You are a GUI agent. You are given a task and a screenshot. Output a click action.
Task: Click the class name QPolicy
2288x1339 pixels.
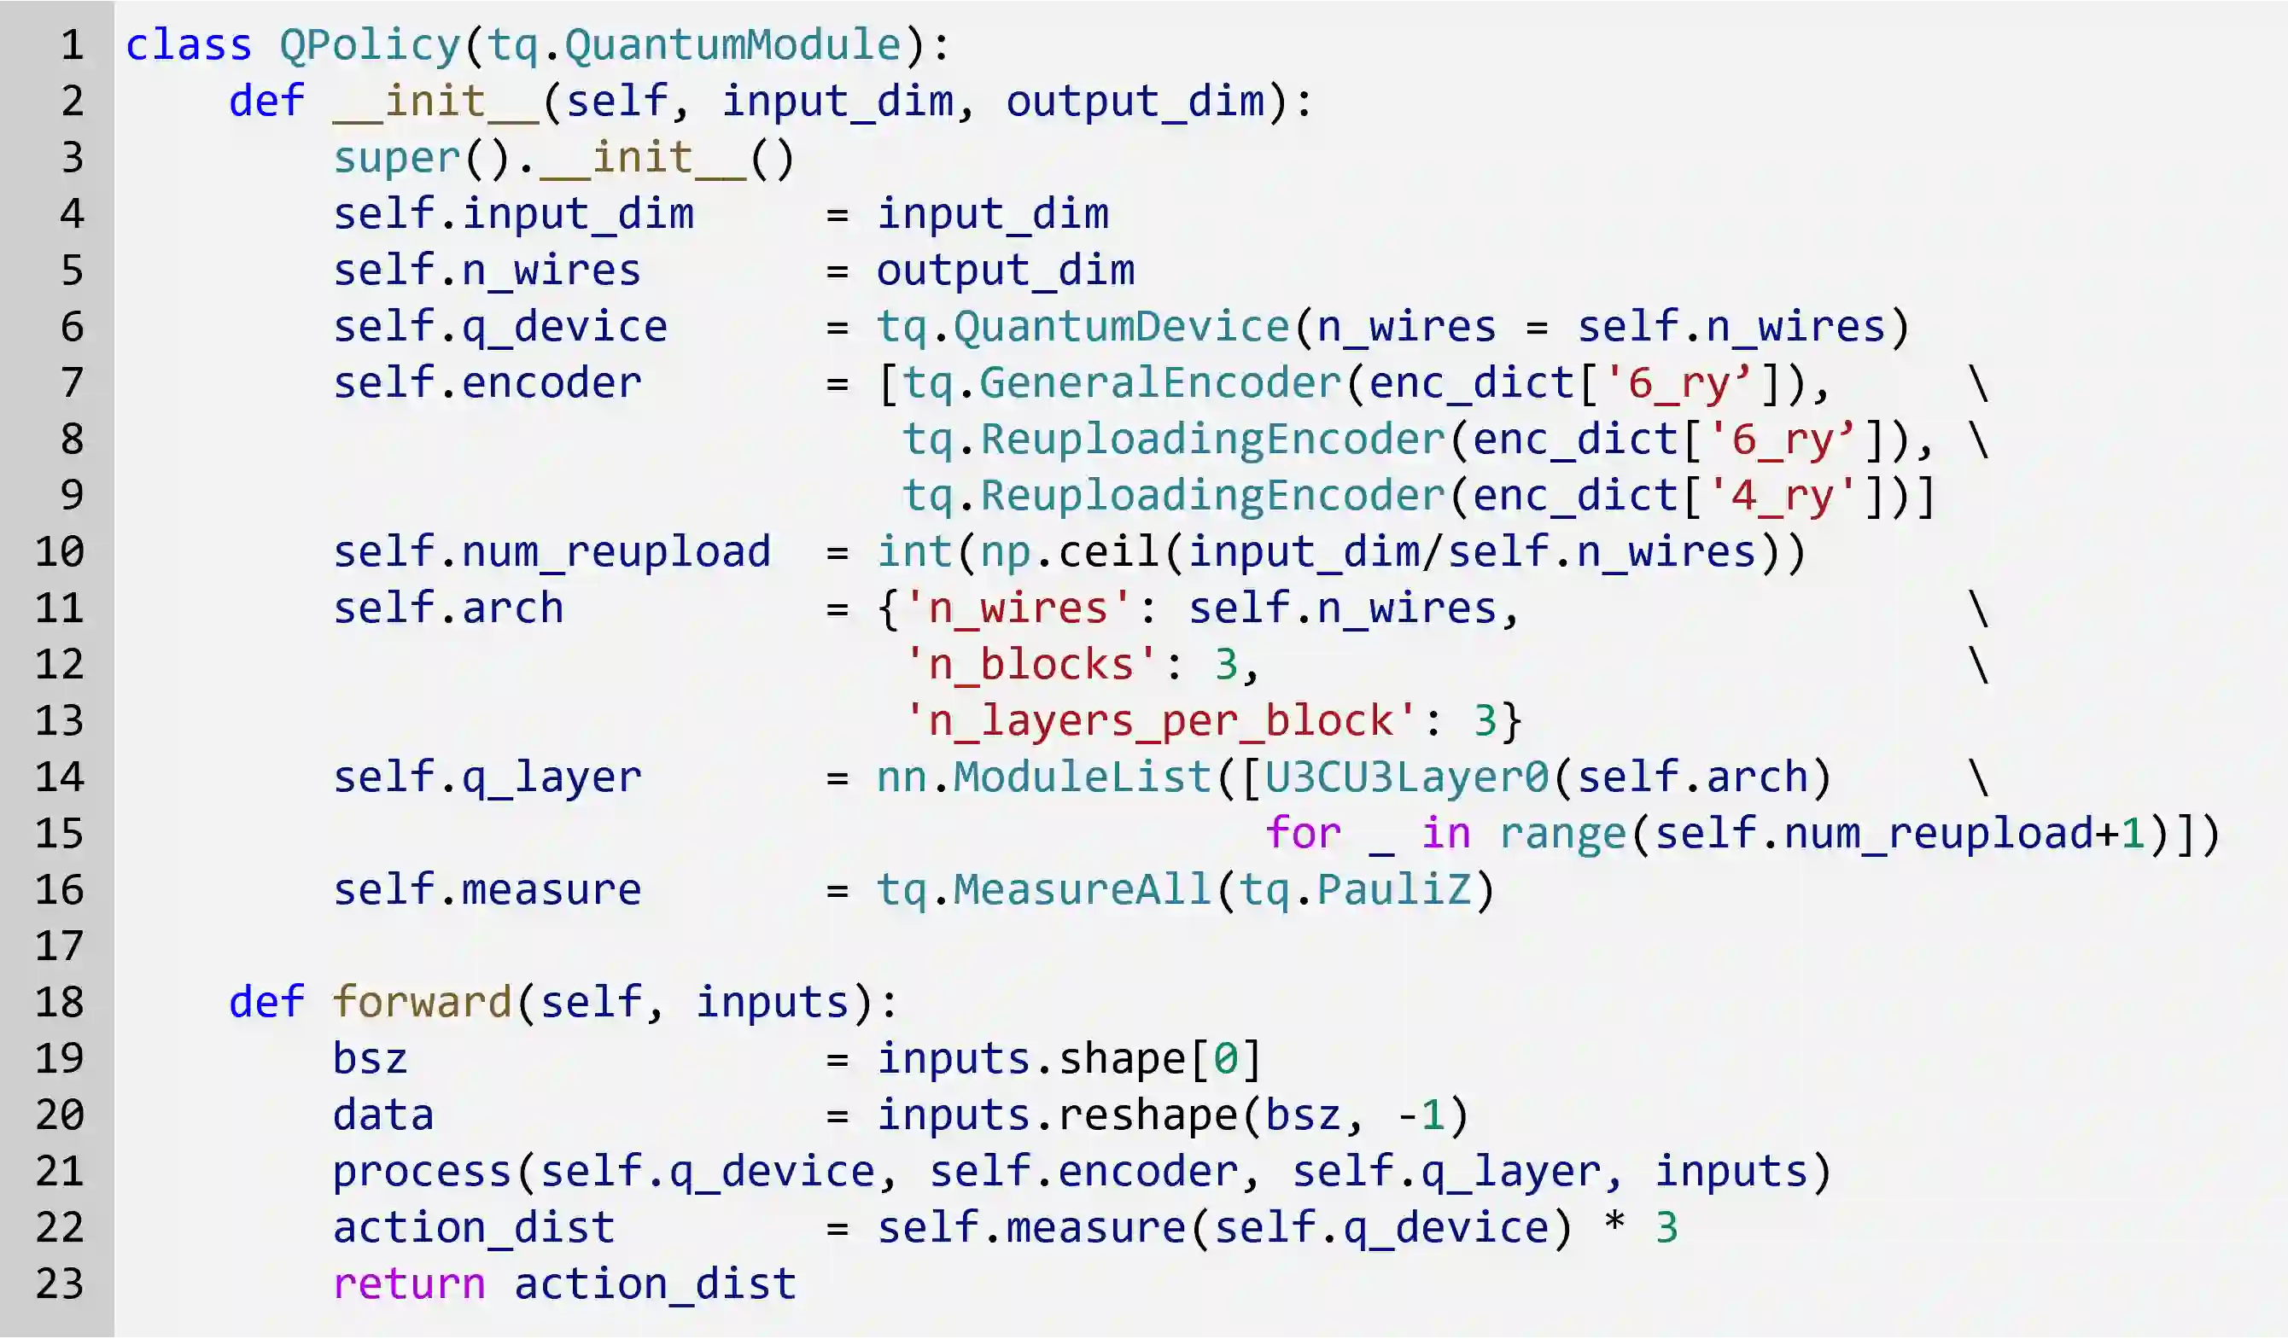point(371,45)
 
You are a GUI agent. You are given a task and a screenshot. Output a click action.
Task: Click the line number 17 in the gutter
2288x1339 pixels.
point(60,946)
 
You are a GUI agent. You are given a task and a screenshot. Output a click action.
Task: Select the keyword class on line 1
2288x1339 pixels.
point(189,45)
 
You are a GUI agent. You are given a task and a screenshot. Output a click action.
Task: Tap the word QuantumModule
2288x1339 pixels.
point(732,45)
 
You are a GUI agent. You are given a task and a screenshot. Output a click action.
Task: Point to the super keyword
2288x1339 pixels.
point(397,158)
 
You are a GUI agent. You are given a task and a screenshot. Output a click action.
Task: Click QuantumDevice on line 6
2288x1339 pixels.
point(1120,327)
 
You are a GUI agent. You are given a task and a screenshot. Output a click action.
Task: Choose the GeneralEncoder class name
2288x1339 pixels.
point(1159,383)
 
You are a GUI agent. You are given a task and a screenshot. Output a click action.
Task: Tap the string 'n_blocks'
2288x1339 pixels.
point(1031,665)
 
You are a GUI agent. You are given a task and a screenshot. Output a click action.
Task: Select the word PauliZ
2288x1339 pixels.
point(1392,889)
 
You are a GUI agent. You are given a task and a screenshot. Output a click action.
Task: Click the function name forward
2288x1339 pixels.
point(423,1002)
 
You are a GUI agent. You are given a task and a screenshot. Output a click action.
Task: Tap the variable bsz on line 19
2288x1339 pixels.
point(371,1058)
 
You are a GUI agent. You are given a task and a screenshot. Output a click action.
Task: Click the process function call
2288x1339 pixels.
point(423,1171)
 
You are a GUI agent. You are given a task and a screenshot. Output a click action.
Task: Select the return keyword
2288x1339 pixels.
point(410,1284)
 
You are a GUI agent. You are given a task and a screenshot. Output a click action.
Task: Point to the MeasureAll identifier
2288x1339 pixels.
point(1082,889)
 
